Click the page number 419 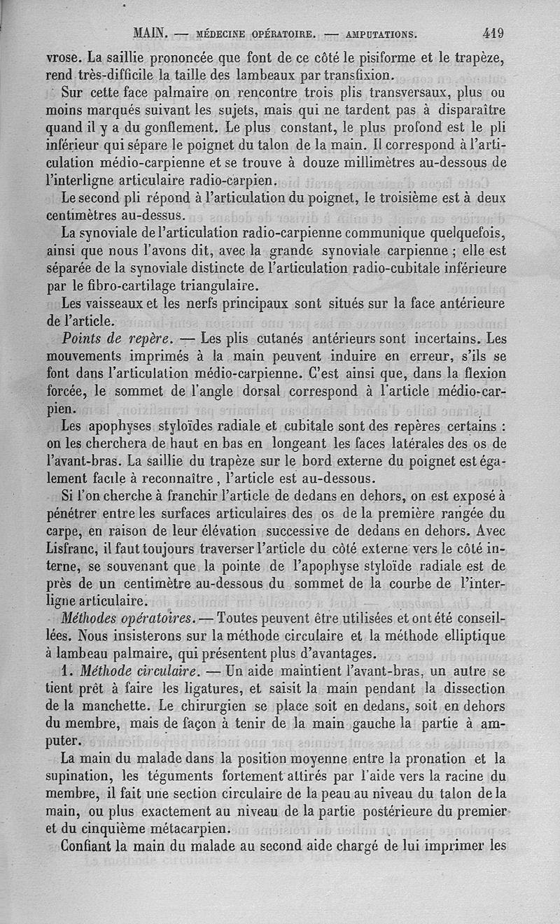492,32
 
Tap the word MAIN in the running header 148,33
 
